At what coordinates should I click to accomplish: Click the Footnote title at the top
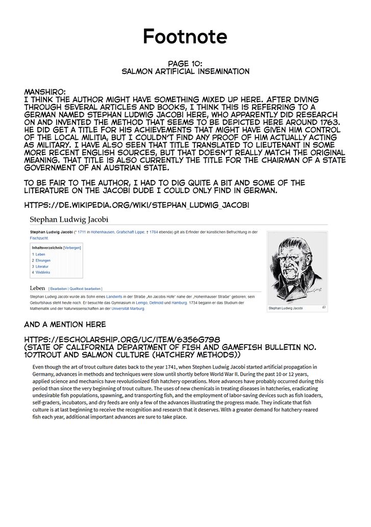click(185, 37)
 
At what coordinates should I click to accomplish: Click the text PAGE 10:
click(185, 64)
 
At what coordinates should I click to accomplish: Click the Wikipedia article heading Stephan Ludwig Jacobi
click(69, 220)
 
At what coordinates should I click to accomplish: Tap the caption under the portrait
click(286, 308)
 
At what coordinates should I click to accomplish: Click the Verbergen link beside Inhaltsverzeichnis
click(72, 248)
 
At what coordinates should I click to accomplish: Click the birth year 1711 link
click(82, 232)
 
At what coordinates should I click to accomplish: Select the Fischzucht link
click(39, 238)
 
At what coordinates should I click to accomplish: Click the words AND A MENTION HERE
click(65, 325)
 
